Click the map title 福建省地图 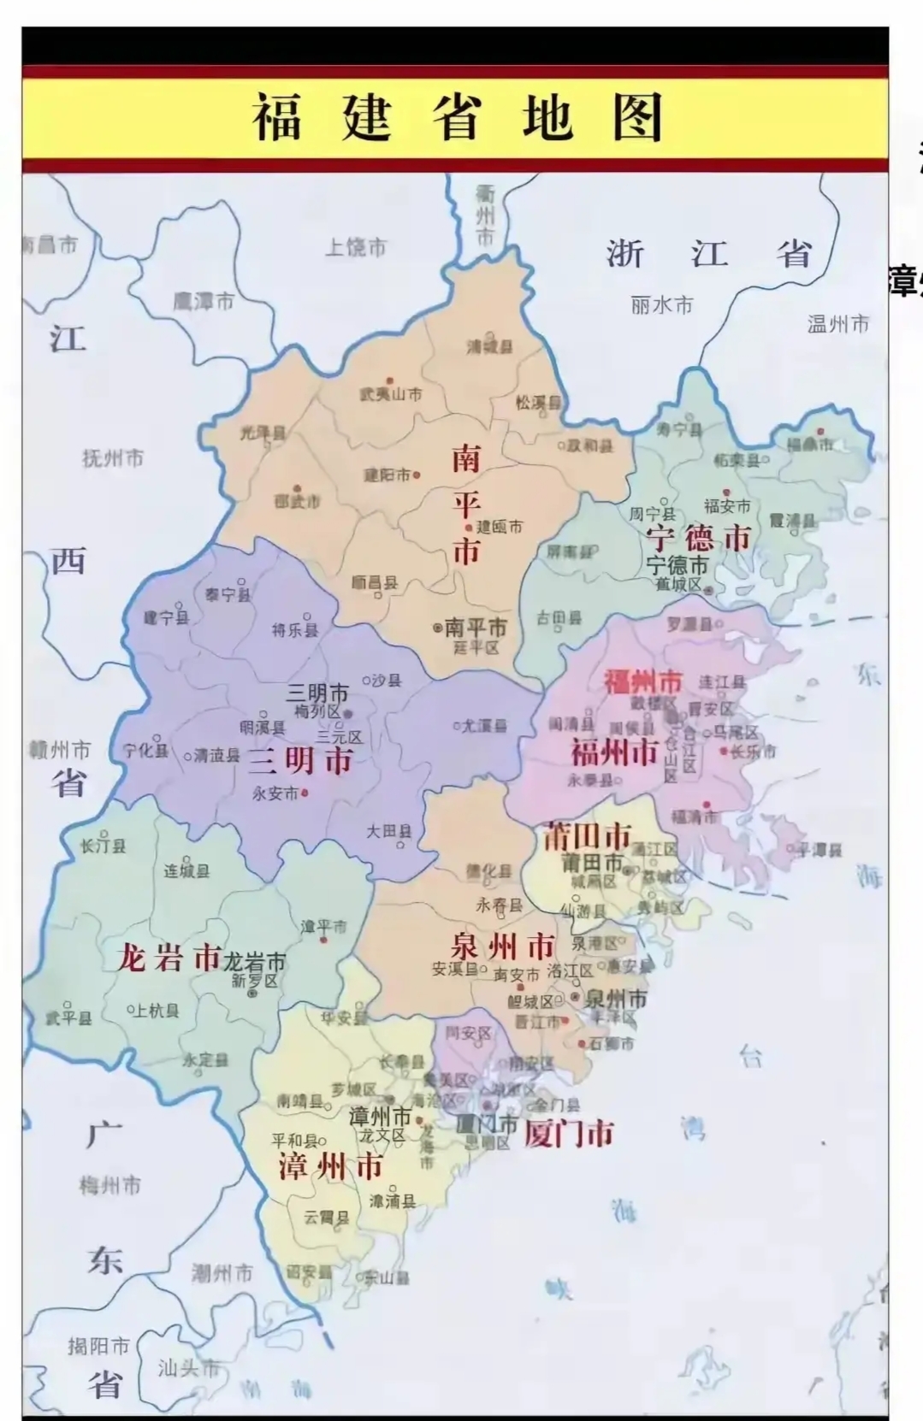(x=458, y=117)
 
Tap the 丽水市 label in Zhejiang (x=661, y=305)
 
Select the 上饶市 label (x=356, y=248)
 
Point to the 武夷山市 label (x=391, y=394)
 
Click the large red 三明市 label (x=300, y=760)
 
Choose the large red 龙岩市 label (x=169, y=958)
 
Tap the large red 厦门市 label (x=569, y=1134)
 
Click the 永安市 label (x=275, y=793)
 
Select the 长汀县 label (x=104, y=846)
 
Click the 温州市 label (x=837, y=324)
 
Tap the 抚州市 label (x=113, y=458)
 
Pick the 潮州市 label (x=222, y=1273)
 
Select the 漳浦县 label (x=393, y=1201)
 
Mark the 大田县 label (x=389, y=831)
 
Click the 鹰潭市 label (x=204, y=301)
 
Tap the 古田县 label (x=559, y=618)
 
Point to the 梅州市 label (x=110, y=1186)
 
